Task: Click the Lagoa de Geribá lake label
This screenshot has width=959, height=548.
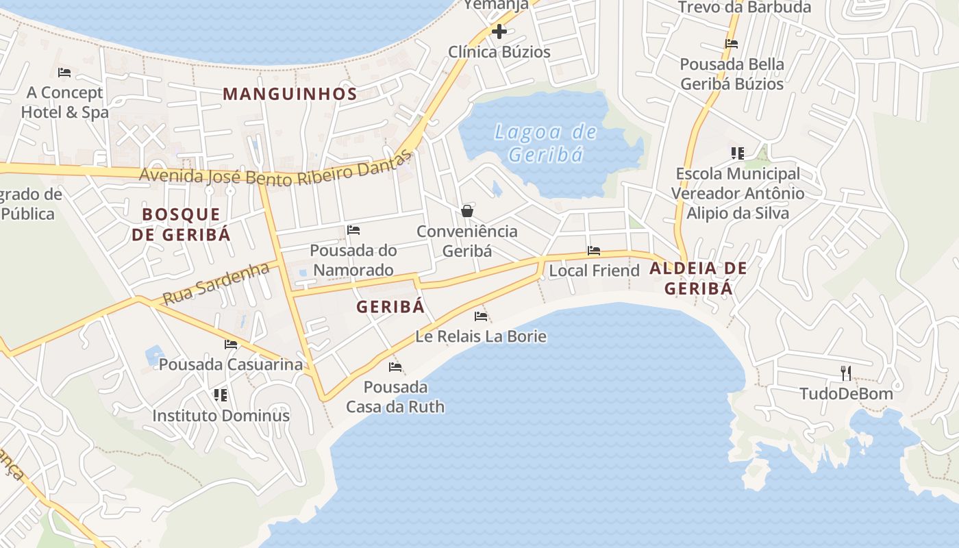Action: coord(545,142)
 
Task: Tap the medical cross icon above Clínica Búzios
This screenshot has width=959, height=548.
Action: coord(499,31)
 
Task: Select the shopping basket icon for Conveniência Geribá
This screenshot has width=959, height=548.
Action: coord(467,210)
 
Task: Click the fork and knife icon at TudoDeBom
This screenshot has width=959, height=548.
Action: coord(847,373)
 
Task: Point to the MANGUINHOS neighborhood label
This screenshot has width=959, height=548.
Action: coord(290,94)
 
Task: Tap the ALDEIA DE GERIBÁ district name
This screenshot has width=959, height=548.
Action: coord(698,277)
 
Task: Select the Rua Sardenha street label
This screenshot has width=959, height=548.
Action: coord(216,284)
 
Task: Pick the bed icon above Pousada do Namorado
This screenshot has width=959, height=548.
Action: coord(353,229)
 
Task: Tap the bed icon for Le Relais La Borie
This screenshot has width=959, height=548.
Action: coord(481,316)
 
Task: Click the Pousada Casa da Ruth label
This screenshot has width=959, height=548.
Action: coord(395,397)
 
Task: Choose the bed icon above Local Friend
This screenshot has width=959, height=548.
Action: coord(594,251)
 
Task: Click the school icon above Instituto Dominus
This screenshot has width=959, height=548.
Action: coord(220,395)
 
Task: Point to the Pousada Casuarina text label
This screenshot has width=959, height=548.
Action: coord(230,364)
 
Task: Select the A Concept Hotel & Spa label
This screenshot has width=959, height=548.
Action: coord(64,102)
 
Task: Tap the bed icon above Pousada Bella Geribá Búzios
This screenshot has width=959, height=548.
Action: coord(732,44)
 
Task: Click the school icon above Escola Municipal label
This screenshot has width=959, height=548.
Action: coord(737,153)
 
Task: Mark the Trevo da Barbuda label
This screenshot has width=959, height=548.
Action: coord(744,8)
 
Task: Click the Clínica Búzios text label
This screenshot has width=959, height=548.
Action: coord(499,52)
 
